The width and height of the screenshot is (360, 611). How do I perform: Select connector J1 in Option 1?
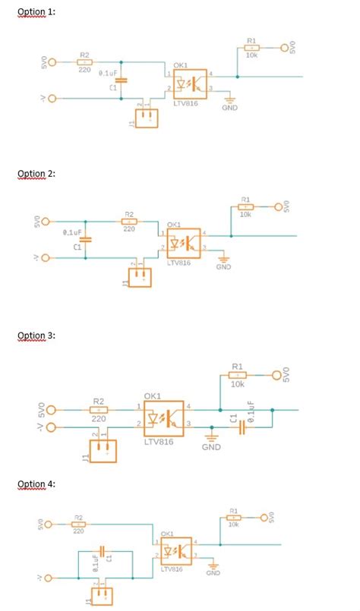click(147, 117)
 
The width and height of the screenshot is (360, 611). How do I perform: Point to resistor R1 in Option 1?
click(251, 48)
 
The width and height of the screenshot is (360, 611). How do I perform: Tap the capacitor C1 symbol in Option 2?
click(85, 239)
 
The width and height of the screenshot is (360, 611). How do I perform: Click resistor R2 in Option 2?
click(129, 221)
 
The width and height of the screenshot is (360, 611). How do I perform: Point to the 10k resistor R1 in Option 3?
click(238, 375)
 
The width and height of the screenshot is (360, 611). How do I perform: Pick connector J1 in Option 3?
click(101, 451)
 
